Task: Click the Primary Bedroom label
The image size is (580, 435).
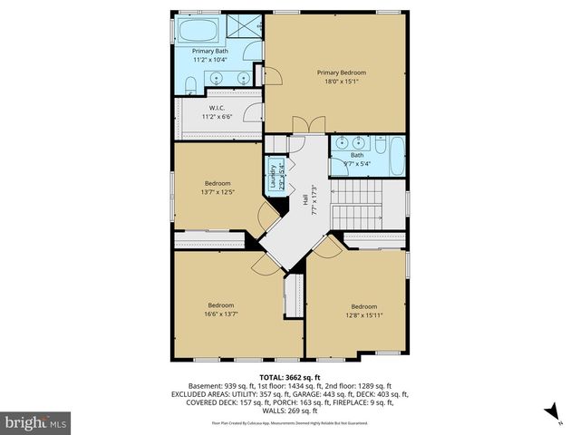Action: pos(333,72)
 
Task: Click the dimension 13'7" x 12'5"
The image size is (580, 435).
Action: pos(217,192)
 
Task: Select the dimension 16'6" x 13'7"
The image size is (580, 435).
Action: pos(221,314)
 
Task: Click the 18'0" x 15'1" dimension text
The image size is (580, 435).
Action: pos(333,81)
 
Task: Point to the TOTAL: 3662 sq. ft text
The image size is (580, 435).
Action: pos(290,377)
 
